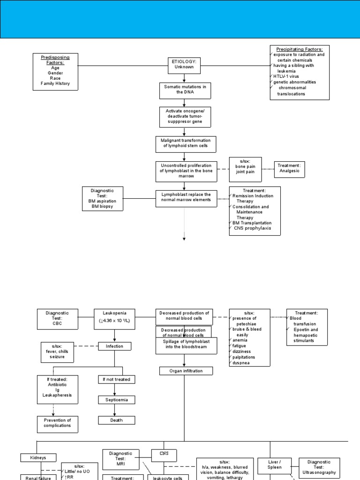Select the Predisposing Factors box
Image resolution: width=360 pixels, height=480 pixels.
pyautogui.click(x=55, y=72)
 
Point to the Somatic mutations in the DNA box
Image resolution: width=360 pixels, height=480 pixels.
pyautogui.click(x=184, y=90)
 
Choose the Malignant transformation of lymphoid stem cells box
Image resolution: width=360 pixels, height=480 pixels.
pyautogui.click(x=186, y=144)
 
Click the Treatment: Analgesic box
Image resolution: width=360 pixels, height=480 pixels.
pyautogui.click(x=289, y=169)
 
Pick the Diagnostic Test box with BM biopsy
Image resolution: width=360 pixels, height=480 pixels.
pyautogui.click(x=102, y=198)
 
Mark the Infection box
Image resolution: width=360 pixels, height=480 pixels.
pyautogui.click(x=114, y=346)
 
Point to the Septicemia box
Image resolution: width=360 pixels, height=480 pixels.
pyautogui.click(x=116, y=400)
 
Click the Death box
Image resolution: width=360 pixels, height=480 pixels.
pyautogui.click(x=116, y=420)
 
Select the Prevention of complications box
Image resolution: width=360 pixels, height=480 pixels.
pyautogui.click(x=57, y=423)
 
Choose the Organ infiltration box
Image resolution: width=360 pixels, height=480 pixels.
pyautogui.click(x=186, y=371)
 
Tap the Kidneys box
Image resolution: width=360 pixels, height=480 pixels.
pyautogui.click(x=38, y=457)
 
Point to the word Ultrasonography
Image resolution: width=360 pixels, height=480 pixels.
pyautogui.click(x=319, y=472)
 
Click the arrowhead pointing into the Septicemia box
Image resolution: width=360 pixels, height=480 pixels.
pyautogui.click(x=115, y=394)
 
